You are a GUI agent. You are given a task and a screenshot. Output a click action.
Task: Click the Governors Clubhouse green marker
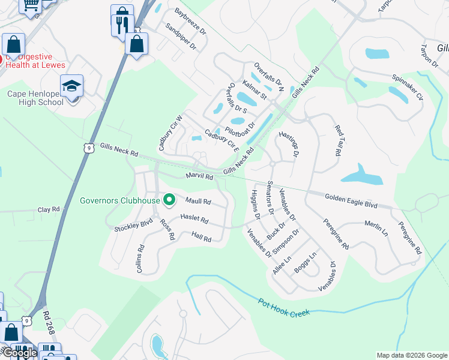pos(169,200)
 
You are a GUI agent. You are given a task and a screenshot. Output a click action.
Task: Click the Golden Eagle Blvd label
pos(351,201)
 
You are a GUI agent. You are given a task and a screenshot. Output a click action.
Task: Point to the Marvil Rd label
pos(199,177)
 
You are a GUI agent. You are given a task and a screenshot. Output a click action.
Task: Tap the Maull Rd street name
pos(198,202)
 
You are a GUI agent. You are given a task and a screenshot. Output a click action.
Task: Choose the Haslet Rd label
pos(194,220)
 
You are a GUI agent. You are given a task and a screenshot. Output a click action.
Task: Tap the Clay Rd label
pos(49,209)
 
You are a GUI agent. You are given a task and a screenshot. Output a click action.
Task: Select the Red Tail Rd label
pos(338,140)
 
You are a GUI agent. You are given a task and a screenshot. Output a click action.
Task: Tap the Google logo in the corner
pos(19,353)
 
